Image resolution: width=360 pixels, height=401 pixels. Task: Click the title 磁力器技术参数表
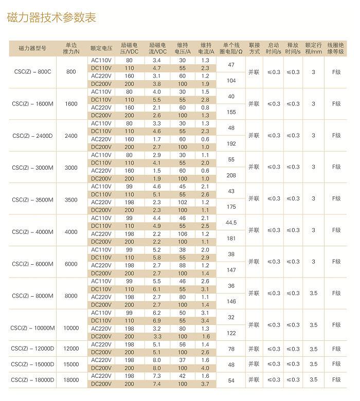[x=52, y=18]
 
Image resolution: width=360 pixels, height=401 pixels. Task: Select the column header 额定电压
[x=101, y=48]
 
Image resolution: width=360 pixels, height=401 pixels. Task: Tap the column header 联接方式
[x=254, y=48]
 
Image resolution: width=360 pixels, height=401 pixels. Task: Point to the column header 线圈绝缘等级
[x=336, y=48]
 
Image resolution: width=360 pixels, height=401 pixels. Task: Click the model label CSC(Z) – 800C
[x=32, y=72]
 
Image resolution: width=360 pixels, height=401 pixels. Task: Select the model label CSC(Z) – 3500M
[x=32, y=199]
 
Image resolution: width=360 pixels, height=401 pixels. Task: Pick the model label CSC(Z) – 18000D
[x=32, y=380]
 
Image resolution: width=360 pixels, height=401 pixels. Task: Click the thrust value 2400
[x=71, y=136]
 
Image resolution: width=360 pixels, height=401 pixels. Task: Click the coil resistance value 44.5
[x=231, y=223]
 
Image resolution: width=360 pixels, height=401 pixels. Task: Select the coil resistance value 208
[x=231, y=175]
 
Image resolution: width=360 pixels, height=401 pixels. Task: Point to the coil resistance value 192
[x=231, y=144]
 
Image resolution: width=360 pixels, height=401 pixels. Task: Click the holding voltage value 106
[x=183, y=234]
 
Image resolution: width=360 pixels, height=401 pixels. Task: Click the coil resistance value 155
[x=231, y=112]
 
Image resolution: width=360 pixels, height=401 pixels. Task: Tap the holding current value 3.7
[x=205, y=384]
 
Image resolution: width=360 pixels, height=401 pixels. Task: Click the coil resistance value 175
[x=231, y=207]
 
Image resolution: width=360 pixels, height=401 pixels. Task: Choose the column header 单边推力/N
[x=71, y=48]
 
